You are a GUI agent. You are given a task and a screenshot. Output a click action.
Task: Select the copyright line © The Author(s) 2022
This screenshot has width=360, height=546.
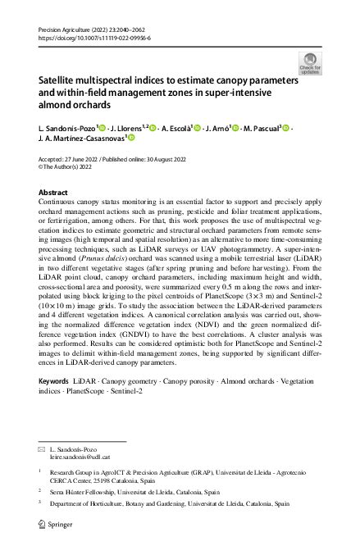71,168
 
